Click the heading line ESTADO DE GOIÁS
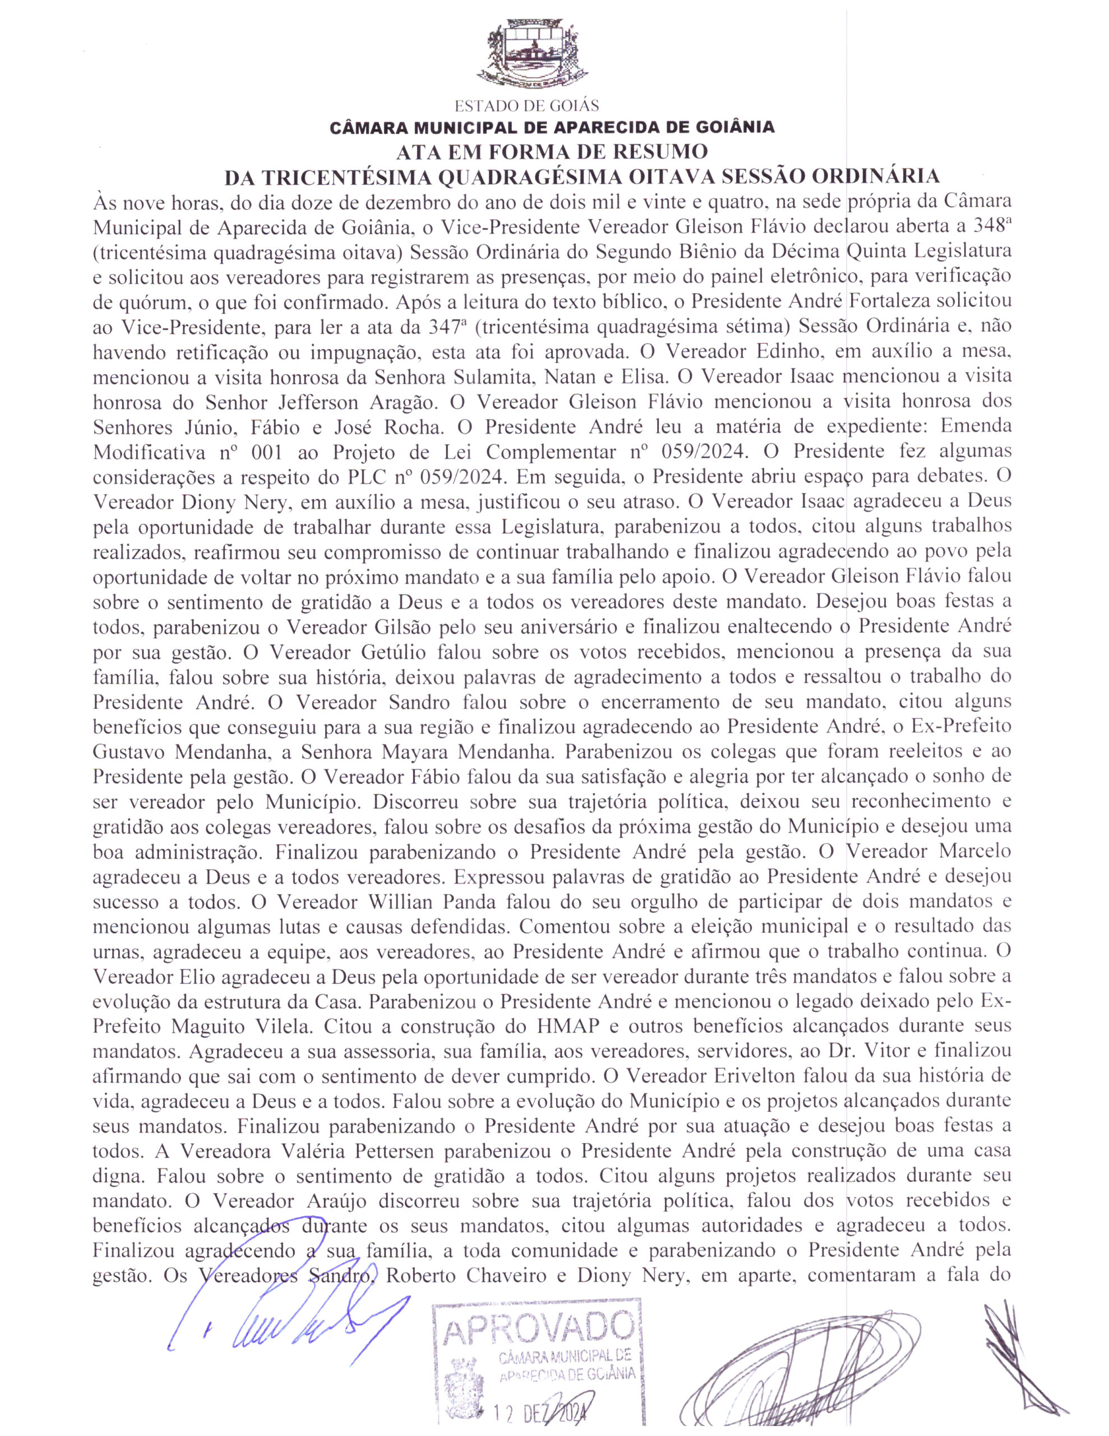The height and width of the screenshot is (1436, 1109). (x=526, y=106)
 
